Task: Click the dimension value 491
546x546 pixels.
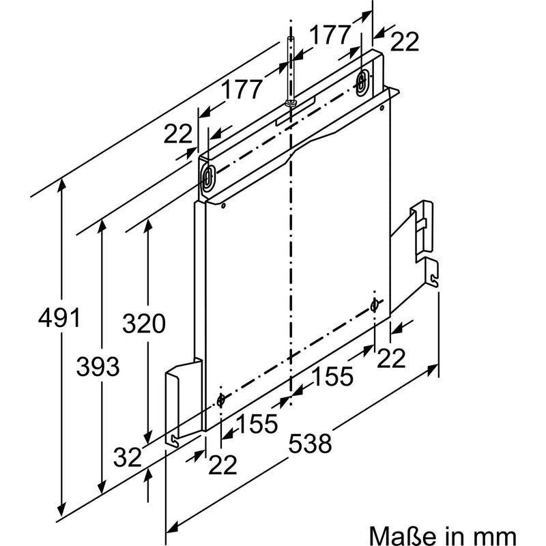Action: [59, 317]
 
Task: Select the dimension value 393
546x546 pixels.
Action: [98, 367]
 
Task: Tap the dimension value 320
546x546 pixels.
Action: [143, 323]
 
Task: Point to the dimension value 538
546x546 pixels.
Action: [310, 443]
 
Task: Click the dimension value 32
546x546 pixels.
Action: [128, 457]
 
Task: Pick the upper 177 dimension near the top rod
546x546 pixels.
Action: [330, 35]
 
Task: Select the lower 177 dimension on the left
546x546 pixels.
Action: [242, 89]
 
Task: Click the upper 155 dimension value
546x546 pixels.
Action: [332, 376]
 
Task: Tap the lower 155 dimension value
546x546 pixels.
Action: [257, 424]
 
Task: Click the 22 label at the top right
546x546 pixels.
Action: [404, 42]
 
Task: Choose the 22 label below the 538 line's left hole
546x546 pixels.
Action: [222, 464]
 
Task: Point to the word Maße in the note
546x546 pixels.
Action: [402, 535]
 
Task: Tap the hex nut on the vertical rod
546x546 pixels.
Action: [290, 103]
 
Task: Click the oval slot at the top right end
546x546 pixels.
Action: [362, 82]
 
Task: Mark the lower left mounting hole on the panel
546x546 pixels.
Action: [220, 401]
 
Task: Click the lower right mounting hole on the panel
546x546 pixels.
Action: [374, 305]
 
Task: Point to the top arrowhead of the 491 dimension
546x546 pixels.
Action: [61, 184]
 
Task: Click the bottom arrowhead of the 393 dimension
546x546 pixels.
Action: [102, 487]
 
